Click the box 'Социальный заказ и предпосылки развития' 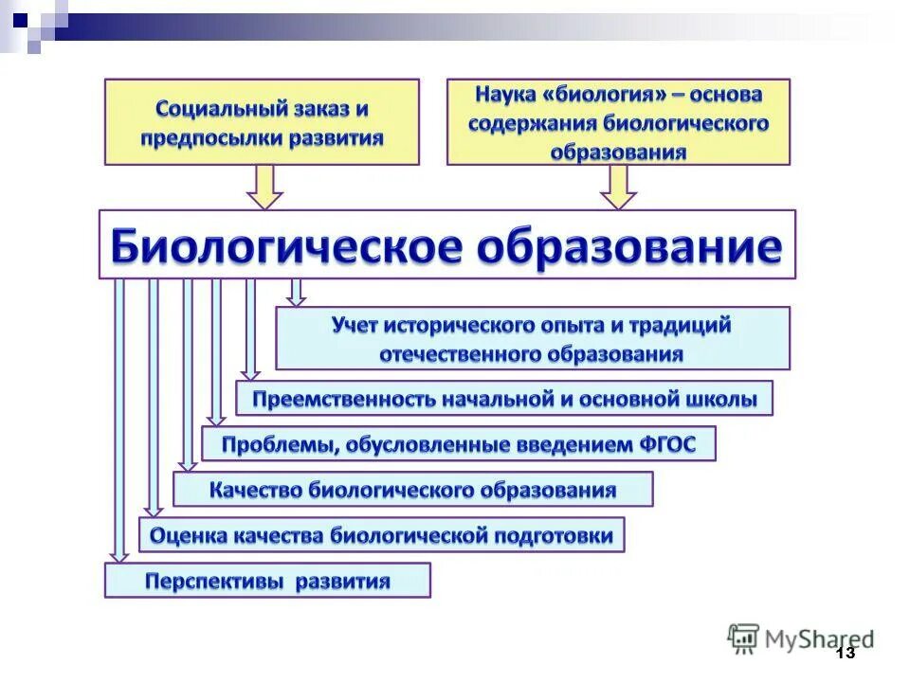pyautogui.click(x=262, y=121)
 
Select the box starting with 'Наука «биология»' pyautogui.click(x=618, y=122)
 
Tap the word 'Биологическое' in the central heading pyautogui.click(x=285, y=245)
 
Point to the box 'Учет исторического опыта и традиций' pyautogui.click(x=532, y=338)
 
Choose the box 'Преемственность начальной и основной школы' pyautogui.click(x=504, y=399)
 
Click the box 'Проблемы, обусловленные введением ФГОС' pyautogui.click(x=459, y=443)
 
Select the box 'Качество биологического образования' pyautogui.click(x=412, y=490)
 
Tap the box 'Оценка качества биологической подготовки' pyautogui.click(x=381, y=535)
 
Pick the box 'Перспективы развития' pyautogui.click(x=267, y=580)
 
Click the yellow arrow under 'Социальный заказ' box pyautogui.click(x=265, y=188)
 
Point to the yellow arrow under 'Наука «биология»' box pyautogui.click(x=618, y=188)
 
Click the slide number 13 pyautogui.click(x=845, y=653)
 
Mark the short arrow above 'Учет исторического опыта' pyautogui.click(x=297, y=293)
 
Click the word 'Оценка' pyautogui.click(x=186, y=536)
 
